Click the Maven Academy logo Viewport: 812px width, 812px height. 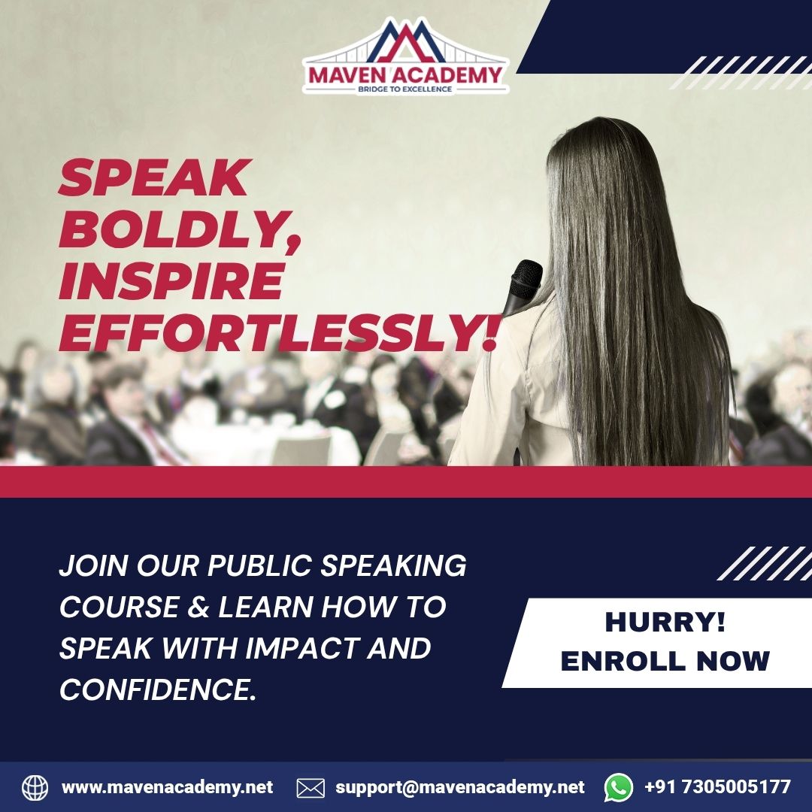[405, 56]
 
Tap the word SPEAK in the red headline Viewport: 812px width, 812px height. [154, 179]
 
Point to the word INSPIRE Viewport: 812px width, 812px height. [171, 281]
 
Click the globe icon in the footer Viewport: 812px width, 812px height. [35, 787]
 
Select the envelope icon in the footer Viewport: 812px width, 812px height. [311, 788]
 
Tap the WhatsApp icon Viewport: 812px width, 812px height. [619, 787]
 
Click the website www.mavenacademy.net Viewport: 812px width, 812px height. [167, 787]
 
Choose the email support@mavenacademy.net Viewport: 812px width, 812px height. [459, 787]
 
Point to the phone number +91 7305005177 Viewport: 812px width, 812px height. [717, 787]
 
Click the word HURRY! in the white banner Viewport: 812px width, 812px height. [665, 623]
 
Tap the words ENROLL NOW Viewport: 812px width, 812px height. [665, 661]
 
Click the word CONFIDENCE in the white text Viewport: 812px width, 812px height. [153, 689]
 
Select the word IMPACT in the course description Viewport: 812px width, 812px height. [303, 648]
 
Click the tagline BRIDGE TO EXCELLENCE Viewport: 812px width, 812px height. [405, 89]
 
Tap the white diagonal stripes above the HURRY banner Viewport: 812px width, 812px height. [764, 563]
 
